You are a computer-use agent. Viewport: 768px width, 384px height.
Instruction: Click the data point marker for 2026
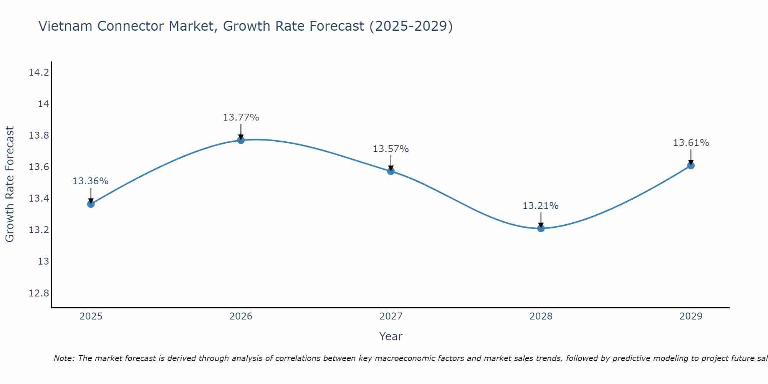pyautogui.click(x=241, y=140)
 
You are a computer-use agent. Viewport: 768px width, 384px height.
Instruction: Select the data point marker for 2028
pyautogui.click(x=541, y=228)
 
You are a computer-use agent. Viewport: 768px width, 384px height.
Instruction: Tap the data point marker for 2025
pyautogui.click(x=91, y=204)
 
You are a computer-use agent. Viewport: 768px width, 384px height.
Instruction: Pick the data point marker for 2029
pyautogui.click(x=691, y=166)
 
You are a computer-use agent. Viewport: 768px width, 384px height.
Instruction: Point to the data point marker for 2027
pyautogui.click(x=391, y=171)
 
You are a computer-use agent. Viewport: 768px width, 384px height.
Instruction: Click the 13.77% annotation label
pyautogui.click(x=241, y=118)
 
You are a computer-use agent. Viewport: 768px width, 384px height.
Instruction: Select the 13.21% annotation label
pyautogui.click(x=540, y=206)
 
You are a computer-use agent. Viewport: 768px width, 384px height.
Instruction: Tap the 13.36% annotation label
pyautogui.click(x=91, y=181)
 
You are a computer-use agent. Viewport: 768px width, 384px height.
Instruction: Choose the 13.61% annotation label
pyautogui.click(x=691, y=143)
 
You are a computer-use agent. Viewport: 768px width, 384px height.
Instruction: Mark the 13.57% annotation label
pyautogui.click(x=391, y=149)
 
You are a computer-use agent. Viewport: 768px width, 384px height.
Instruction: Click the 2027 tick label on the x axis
pyautogui.click(x=391, y=316)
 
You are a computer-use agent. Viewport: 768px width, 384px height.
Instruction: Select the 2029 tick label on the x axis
pyautogui.click(x=691, y=316)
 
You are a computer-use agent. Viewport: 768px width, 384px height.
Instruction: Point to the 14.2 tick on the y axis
pyautogui.click(x=39, y=73)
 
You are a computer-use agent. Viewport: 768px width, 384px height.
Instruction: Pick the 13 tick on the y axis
pyautogui.click(x=44, y=262)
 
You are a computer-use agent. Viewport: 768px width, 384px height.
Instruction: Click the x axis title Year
pyautogui.click(x=391, y=336)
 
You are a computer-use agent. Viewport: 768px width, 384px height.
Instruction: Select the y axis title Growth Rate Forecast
pyautogui.click(x=10, y=184)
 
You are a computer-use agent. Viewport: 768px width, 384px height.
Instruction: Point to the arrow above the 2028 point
pyautogui.click(x=541, y=220)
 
